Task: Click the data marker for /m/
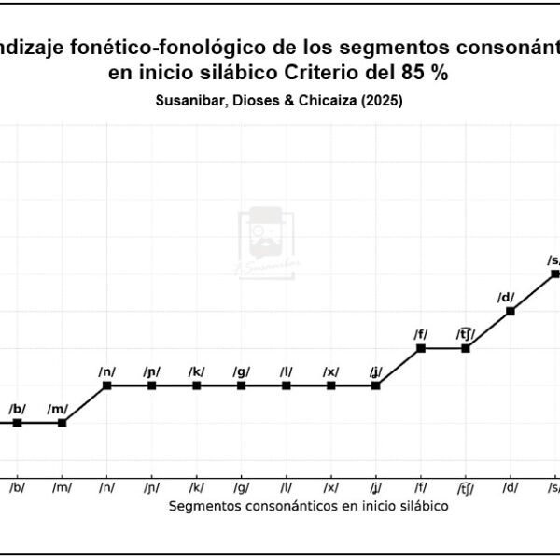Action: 62,423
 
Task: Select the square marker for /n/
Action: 106,385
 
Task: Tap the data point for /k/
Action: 196,385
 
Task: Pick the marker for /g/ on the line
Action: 241,385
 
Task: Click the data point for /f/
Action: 420,348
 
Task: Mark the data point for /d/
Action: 510,311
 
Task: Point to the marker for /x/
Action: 330,385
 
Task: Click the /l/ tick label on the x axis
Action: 286,487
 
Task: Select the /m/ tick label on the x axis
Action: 62,487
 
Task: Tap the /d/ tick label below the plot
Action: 510,487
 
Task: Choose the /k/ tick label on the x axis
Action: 196,487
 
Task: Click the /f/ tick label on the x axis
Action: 420,487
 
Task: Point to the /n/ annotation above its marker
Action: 106,371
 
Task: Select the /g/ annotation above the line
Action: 241,371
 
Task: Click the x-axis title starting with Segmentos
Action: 309,506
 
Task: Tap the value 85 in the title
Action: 414,74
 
